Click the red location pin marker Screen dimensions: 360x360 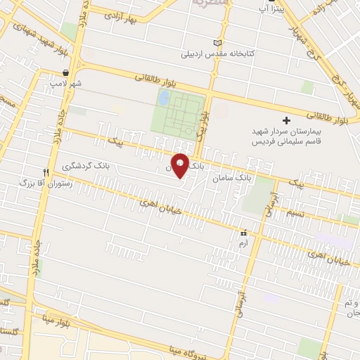coord(181,165)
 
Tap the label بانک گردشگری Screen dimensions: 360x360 coord(86,167)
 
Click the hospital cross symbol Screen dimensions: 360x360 coord(286,121)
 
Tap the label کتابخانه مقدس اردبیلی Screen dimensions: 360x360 coord(219,53)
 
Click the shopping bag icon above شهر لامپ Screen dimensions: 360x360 coord(65,72)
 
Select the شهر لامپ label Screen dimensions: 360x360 coord(65,83)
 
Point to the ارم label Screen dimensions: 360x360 coord(244,243)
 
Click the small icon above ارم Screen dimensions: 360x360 coord(244,233)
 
